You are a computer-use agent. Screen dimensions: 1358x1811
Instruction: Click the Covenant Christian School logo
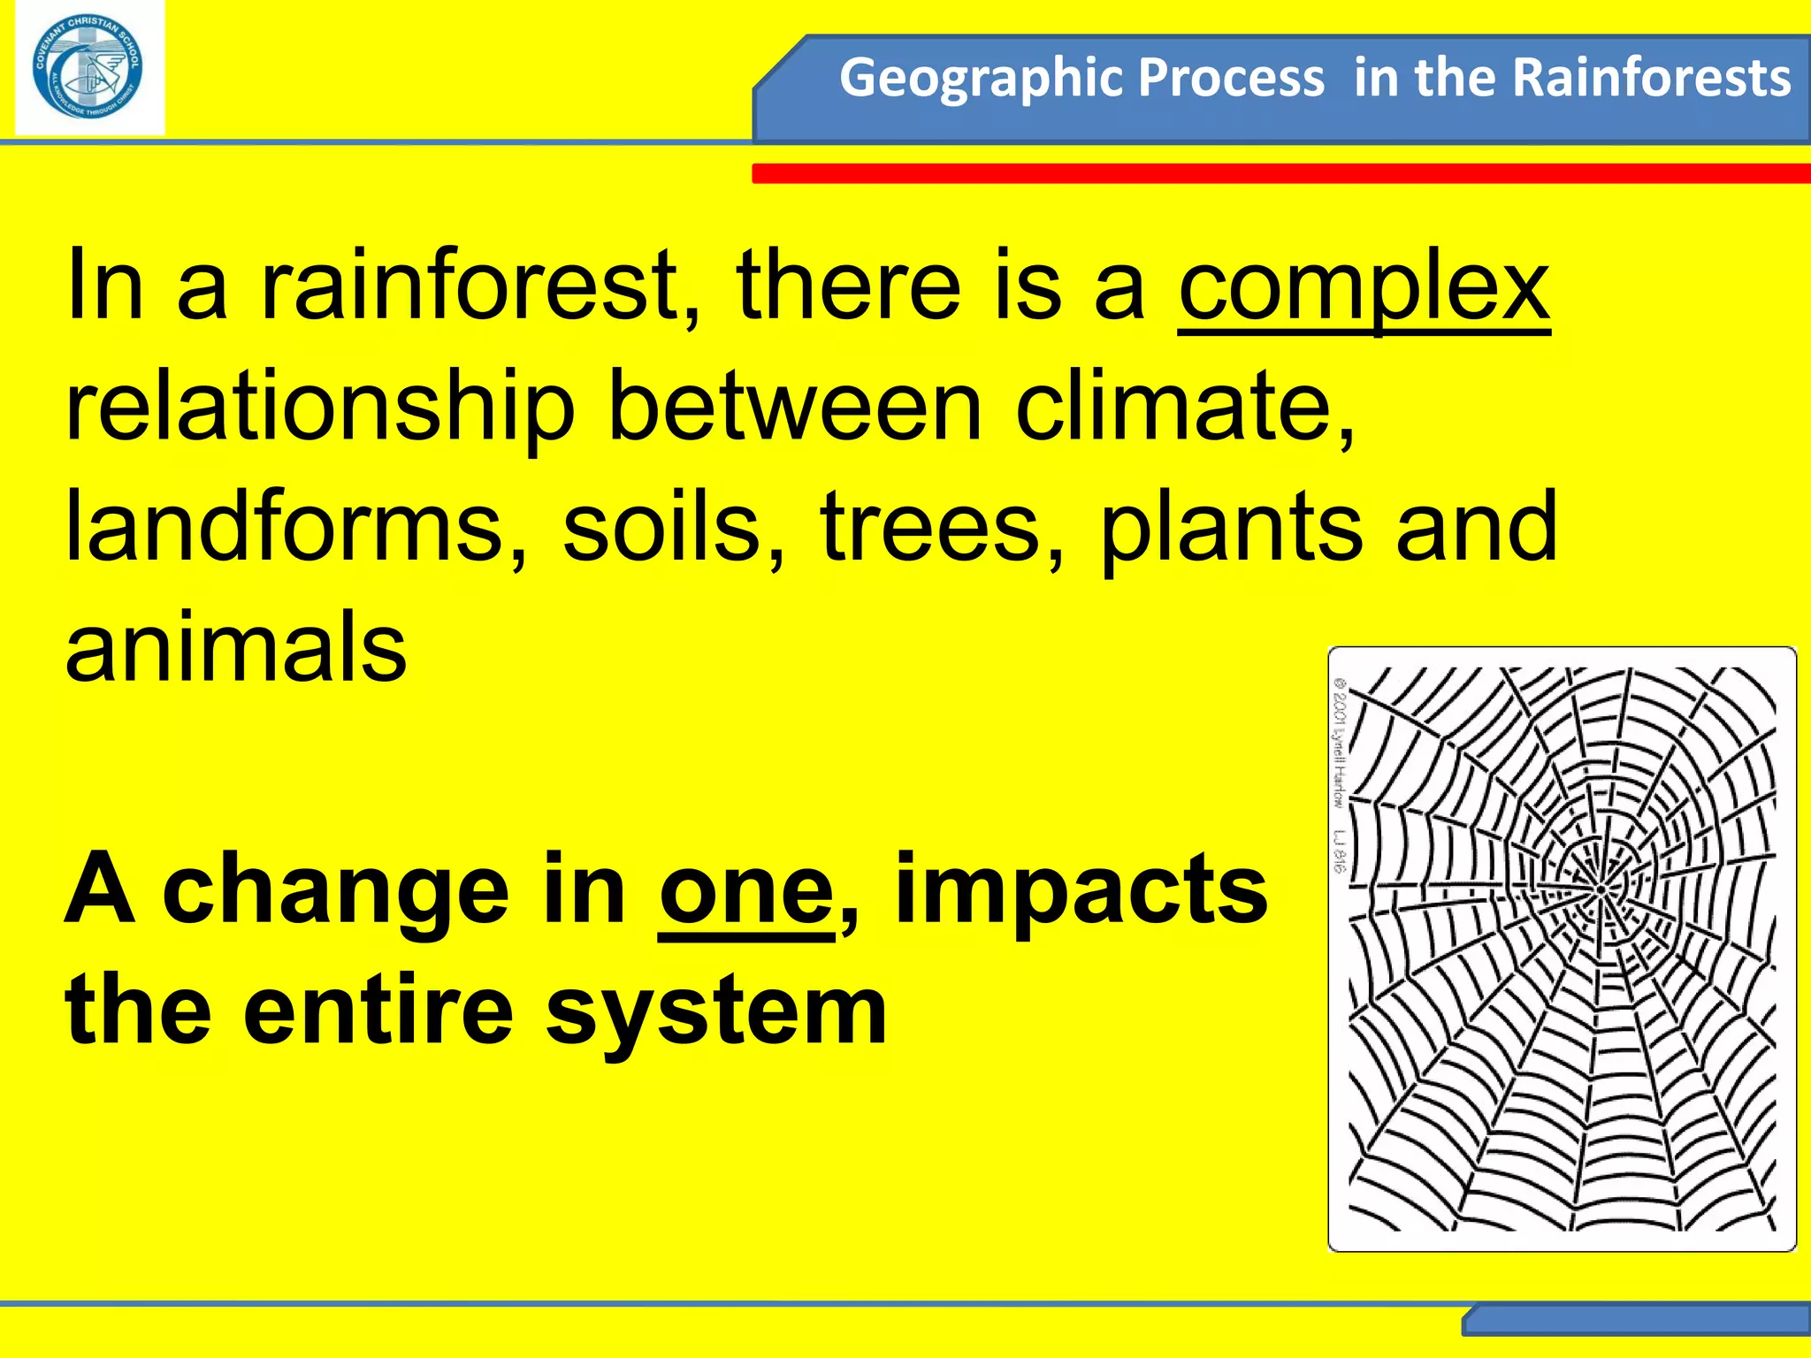coord(88,69)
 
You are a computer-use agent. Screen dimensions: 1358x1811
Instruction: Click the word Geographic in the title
coord(966,78)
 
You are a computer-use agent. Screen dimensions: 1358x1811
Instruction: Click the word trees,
coord(943,528)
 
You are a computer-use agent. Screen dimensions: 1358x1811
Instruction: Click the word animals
coord(236,647)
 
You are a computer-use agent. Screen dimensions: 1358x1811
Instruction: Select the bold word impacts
coord(1081,893)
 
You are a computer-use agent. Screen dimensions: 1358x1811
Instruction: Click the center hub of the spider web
coord(1601,889)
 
